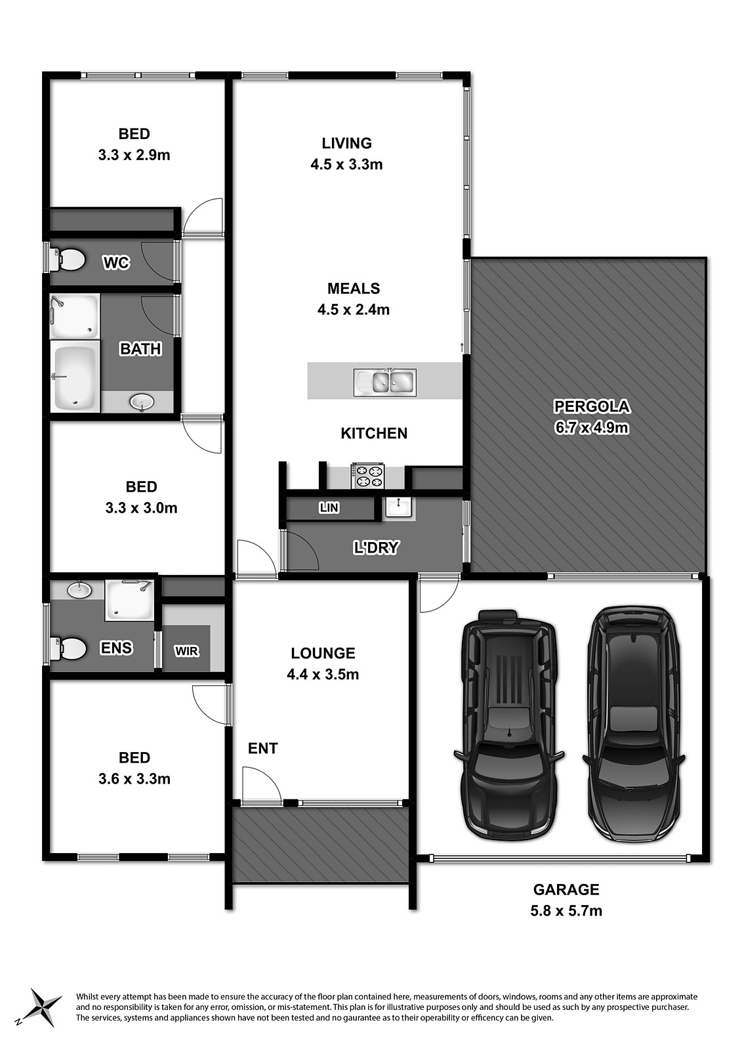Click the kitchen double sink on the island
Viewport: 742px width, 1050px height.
(x=384, y=382)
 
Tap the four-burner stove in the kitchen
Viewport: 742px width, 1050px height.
(x=368, y=476)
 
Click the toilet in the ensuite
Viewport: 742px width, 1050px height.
(x=68, y=649)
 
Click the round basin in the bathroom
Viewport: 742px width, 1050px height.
(x=141, y=401)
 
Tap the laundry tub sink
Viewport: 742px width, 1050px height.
(x=398, y=507)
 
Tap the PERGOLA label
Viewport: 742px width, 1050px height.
(x=592, y=406)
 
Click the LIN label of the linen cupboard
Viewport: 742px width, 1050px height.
(x=329, y=507)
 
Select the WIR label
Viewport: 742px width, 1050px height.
(x=186, y=651)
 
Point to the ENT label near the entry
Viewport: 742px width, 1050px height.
(x=262, y=748)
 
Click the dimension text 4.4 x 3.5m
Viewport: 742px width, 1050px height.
(x=323, y=674)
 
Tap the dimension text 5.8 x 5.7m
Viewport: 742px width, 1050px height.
(x=566, y=910)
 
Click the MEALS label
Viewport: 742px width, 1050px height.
(x=354, y=288)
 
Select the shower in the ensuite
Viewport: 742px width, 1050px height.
(x=129, y=599)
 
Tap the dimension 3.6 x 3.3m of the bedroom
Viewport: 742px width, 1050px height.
(x=134, y=778)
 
